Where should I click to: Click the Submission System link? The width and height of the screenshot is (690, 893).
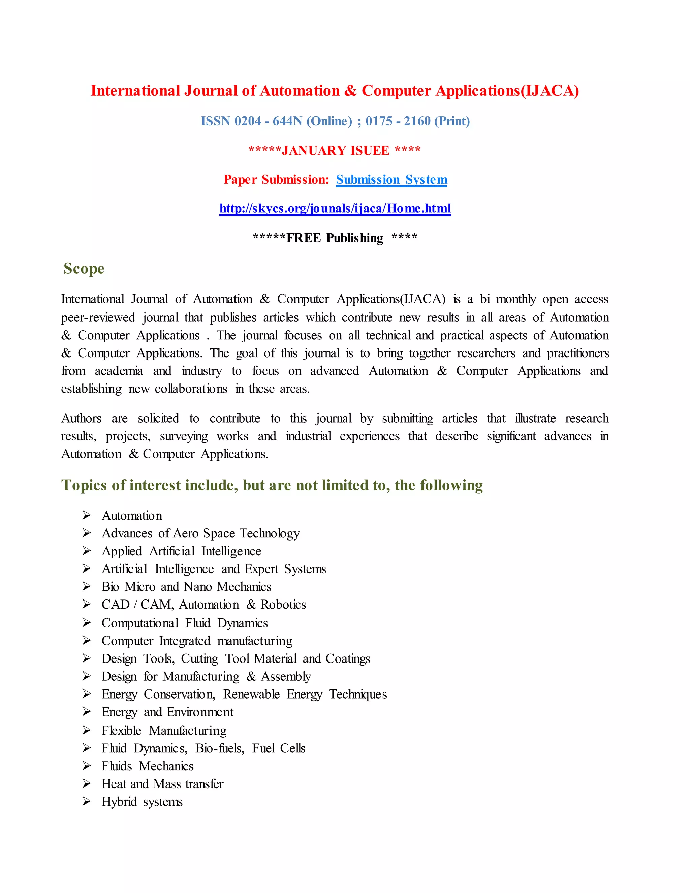[391, 180]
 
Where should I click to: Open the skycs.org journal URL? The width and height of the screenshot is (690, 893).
[335, 209]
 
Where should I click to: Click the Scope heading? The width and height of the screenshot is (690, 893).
[84, 269]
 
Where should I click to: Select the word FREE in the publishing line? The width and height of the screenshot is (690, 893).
[303, 238]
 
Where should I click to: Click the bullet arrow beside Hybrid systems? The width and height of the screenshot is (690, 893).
[86, 801]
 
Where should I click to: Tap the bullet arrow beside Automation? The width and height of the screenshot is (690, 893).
[86, 515]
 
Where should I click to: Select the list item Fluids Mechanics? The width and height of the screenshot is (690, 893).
[148, 766]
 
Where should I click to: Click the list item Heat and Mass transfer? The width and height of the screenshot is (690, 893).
[162, 784]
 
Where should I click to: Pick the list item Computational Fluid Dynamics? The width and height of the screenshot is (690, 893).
[185, 623]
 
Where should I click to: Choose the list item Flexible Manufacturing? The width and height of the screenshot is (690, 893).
[164, 730]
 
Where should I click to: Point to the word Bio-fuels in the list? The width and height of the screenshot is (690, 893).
[220, 748]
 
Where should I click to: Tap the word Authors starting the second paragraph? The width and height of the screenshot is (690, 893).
[81, 418]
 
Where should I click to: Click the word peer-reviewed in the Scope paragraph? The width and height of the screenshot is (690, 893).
[98, 318]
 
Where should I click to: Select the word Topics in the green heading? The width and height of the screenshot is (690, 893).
[84, 485]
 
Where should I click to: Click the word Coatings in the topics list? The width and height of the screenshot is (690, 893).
[347, 659]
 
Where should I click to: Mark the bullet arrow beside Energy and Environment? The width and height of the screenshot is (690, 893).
[86, 712]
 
